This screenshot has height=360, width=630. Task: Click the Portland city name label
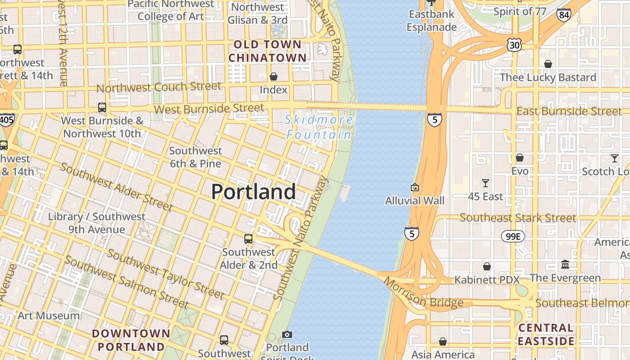(x=253, y=192)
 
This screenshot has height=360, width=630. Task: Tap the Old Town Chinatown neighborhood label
(x=267, y=51)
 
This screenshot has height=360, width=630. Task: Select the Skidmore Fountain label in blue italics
(x=319, y=127)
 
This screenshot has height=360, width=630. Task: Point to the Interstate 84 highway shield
(x=563, y=15)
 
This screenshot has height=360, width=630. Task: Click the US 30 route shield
(x=514, y=45)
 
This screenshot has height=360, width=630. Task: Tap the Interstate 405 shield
(x=6, y=120)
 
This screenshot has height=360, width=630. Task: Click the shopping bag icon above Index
(x=273, y=76)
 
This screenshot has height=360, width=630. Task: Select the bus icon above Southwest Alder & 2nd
(x=248, y=239)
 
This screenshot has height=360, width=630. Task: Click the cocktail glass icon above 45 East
(x=485, y=183)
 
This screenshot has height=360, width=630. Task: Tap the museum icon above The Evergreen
(x=565, y=265)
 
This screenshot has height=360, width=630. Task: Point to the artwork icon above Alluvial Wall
(x=414, y=187)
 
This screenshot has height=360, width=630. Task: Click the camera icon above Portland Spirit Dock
(x=287, y=334)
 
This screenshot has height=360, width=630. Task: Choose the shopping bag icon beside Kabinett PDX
(x=487, y=266)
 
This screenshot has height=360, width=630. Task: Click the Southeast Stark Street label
(x=517, y=218)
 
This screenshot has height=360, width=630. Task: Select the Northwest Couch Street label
(x=159, y=87)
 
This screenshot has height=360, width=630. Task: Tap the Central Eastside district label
(x=546, y=334)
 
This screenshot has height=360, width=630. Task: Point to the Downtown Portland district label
(x=131, y=340)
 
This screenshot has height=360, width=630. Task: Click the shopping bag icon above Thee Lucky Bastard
(x=548, y=64)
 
